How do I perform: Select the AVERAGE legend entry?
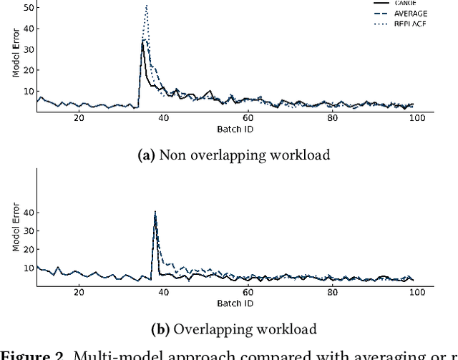[x=410, y=13]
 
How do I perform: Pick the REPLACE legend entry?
[x=410, y=24]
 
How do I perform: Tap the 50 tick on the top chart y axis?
[x=28, y=7]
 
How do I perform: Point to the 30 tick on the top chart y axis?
[x=28, y=49]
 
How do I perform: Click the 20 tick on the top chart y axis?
[x=28, y=70]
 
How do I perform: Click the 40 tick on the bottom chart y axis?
[x=28, y=213]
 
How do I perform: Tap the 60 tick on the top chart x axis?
[x=248, y=118]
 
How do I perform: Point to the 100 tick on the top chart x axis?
[x=417, y=118]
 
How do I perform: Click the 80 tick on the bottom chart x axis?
[x=332, y=292]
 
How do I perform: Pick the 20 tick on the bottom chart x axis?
[x=79, y=292]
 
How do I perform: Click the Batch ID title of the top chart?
[x=234, y=130]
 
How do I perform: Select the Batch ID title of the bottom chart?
[x=234, y=303]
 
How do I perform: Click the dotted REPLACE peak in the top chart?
[x=146, y=6]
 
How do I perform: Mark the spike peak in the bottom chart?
[x=155, y=213]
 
